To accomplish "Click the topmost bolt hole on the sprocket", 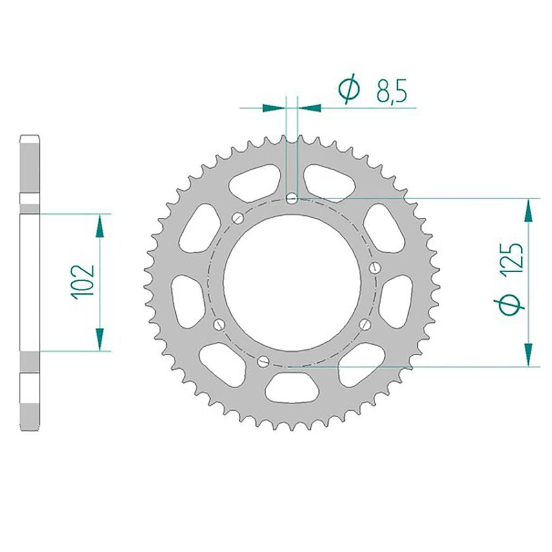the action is click(x=292, y=199).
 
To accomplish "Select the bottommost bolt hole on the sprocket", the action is click(x=263, y=361).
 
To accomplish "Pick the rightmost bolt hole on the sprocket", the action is click(x=375, y=267).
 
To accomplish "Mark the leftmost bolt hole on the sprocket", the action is click(x=219, y=324).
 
